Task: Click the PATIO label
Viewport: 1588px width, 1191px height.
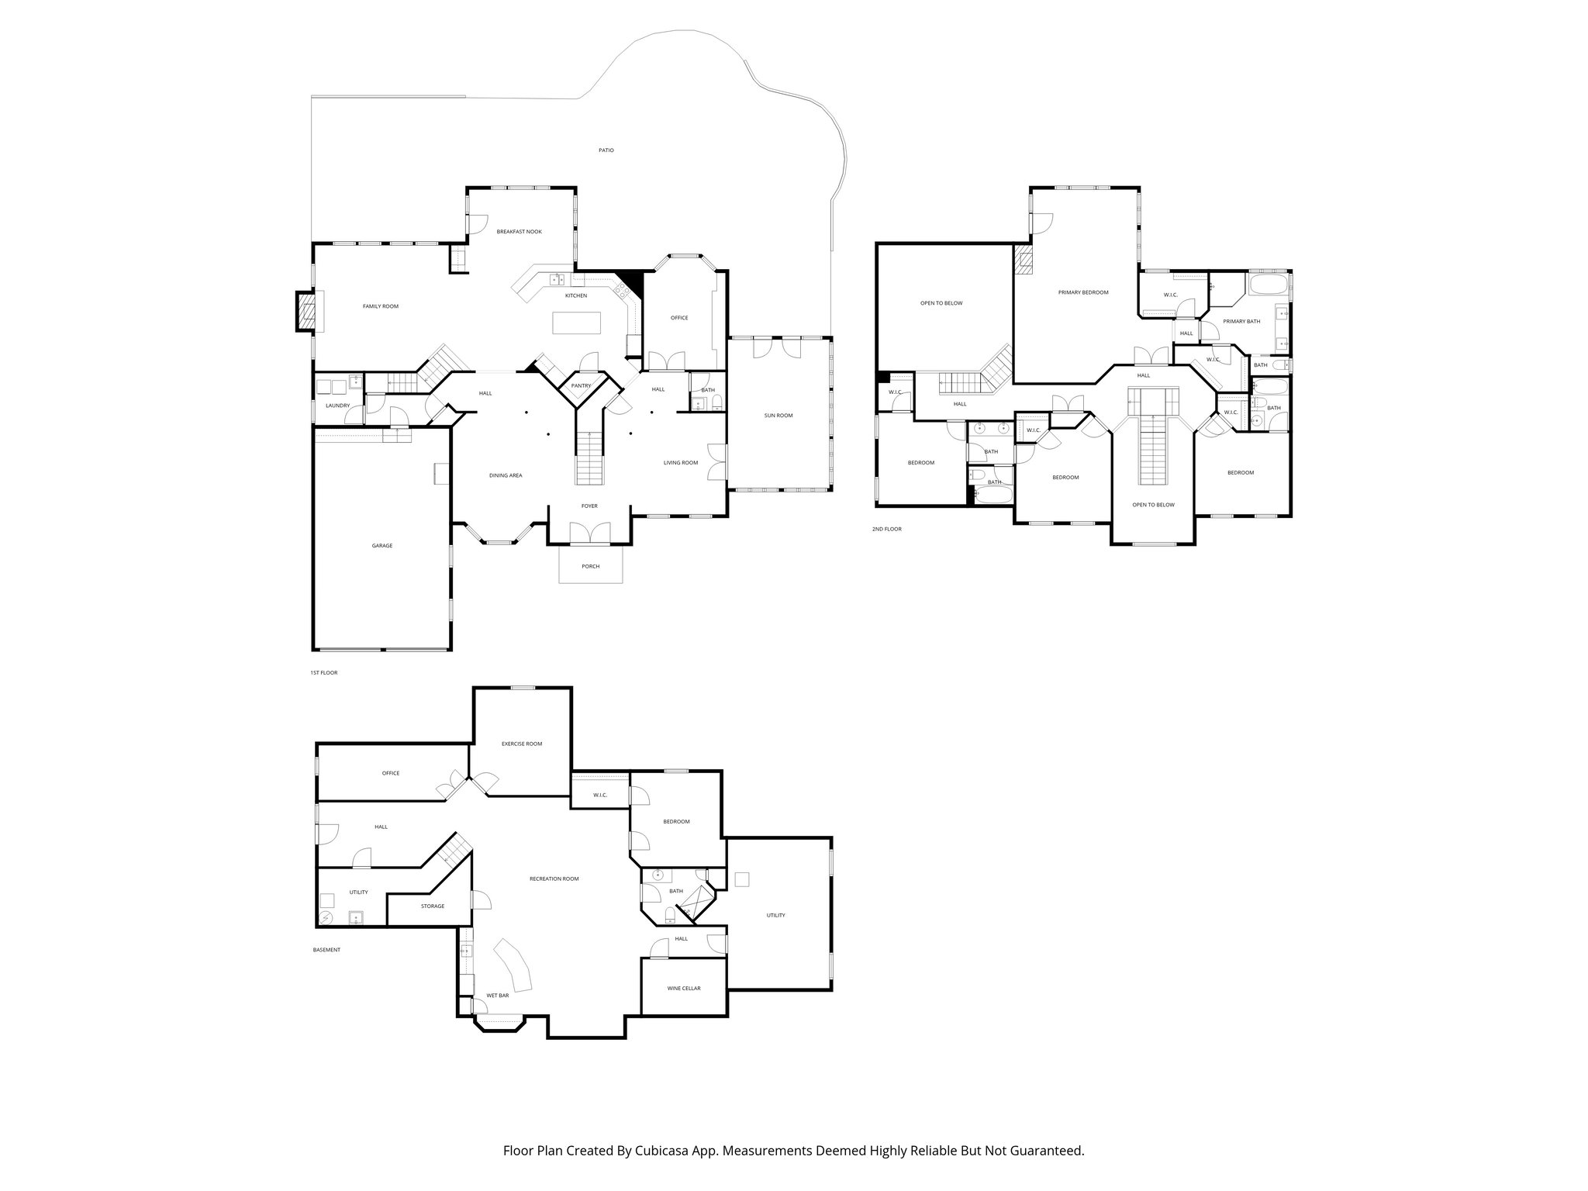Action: pyautogui.click(x=606, y=150)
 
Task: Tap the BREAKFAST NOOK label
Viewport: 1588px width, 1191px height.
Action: pyautogui.click(x=520, y=232)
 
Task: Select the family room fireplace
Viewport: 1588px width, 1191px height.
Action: pyautogui.click(x=306, y=311)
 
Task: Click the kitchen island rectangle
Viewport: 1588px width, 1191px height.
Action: pyautogui.click(x=577, y=322)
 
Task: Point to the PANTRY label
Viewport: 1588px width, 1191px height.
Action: pyautogui.click(x=581, y=386)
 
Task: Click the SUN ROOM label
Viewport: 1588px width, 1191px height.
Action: pyautogui.click(x=778, y=416)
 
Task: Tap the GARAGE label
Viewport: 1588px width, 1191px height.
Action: pyautogui.click(x=382, y=546)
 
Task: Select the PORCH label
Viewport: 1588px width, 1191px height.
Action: pyautogui.click(x=591, y=567)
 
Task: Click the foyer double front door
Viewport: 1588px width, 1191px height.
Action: pyautogui.click(x=590, y=534)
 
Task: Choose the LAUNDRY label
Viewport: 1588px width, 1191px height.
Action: pyautogui.click(x=338, y=406)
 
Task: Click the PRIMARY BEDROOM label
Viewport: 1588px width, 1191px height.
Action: pyautogui.click(x=1083, y=292)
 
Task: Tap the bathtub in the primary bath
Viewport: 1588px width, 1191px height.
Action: pyautogui.click(x=1268, y=285)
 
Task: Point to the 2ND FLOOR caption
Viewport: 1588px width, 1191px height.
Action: pyautogui.click(x=886, y=529)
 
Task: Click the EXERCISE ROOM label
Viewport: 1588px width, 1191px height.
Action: pyautogui.click(x=522, y=744)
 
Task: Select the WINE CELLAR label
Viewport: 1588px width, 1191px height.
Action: pyautogui.click(x=684, y=989)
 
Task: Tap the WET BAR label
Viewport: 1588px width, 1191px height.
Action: pyautogui.click(x=497, y=996)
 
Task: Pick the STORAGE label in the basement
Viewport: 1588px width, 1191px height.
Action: pyautogui.click(x=433, y=906)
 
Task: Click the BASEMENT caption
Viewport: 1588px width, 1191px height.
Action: pyautogui.click(x=326, y=950)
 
